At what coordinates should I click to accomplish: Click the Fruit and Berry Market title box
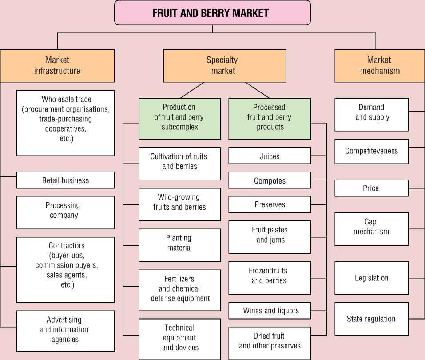click(212, 13)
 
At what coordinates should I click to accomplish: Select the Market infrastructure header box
click(57, 65)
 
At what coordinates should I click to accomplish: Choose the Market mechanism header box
click(379, 65)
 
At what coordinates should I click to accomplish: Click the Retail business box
click(66, 180)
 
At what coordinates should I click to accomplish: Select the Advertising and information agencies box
click(66, 330)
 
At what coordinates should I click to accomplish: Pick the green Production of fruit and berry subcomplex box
click(179, 117)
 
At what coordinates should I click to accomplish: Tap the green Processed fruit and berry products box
click(270, 117)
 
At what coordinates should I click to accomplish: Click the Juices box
click(270, 156)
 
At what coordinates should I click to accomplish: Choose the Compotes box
click(270, 181)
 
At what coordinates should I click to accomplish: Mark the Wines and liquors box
click(270, 311)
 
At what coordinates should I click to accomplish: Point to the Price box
click(371, 188)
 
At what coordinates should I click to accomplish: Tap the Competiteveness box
click(371, 151)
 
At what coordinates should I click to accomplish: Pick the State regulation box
click(371, 319)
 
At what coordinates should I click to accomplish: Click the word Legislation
click(371, 278)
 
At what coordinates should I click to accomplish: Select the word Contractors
click(67, 245)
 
